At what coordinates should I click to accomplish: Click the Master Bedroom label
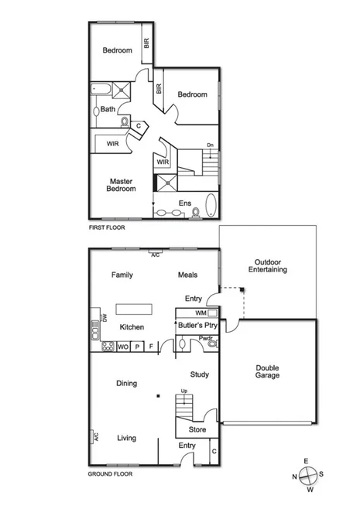coord(121,185)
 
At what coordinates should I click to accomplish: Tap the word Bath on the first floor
coord(108,109)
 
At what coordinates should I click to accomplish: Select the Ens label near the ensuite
coord(184,203)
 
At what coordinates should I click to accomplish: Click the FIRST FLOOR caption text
coord(107,228)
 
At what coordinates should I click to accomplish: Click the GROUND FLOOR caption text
coord(109,473)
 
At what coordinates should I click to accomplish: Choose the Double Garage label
coord(268,371)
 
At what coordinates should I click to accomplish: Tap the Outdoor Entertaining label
coord(268,265)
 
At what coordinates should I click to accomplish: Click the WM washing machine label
coord(200,313)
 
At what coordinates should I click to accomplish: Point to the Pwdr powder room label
coord(205,338)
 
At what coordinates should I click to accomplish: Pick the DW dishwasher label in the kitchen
coord(103,319)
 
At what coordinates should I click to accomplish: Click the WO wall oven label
coord(122,347)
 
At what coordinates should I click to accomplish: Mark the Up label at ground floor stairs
coord(183,391)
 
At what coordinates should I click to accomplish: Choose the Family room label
coord(123,275)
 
